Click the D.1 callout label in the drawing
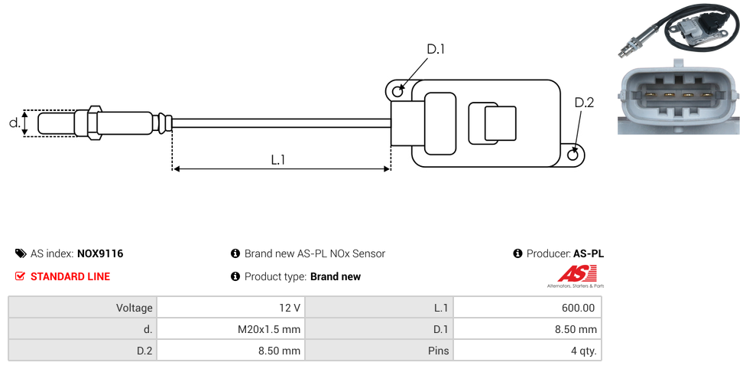435,49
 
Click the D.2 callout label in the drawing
584,103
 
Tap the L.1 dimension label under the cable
278,159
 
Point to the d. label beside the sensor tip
14,122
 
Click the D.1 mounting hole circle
397,92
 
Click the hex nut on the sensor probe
94,122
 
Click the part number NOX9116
100,253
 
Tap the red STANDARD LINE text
70,276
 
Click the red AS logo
572,273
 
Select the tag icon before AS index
21,253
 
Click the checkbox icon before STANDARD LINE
21,276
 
